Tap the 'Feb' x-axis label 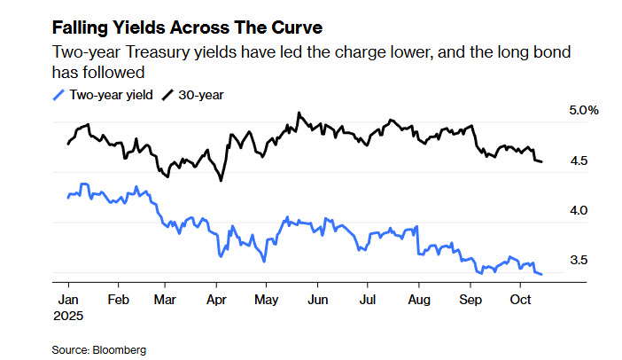coord(119,300)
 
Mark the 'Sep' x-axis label coord(468,300)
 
